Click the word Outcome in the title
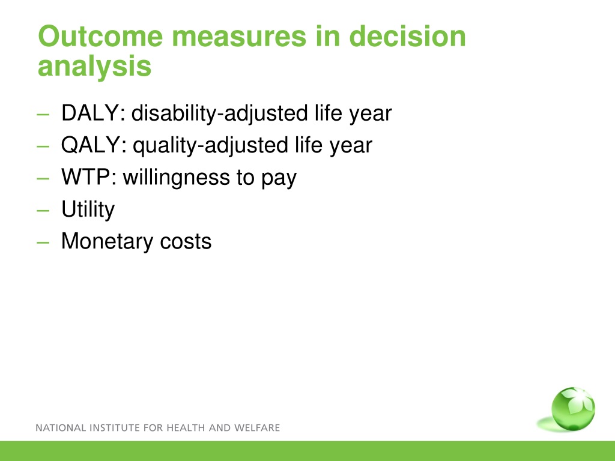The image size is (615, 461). (100, 36)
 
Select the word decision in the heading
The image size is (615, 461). (407, 36)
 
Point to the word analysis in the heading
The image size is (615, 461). (94, 67)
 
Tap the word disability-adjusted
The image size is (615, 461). (219, 113)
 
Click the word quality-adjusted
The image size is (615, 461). (211, 146)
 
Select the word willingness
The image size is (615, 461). (177, 178)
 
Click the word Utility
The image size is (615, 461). (88, 209)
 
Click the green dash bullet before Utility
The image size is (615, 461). (43, 211)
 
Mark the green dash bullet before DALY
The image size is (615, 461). (43, 115)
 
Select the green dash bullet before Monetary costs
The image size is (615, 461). (43, 243)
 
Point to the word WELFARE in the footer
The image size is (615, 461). (257, 427)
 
